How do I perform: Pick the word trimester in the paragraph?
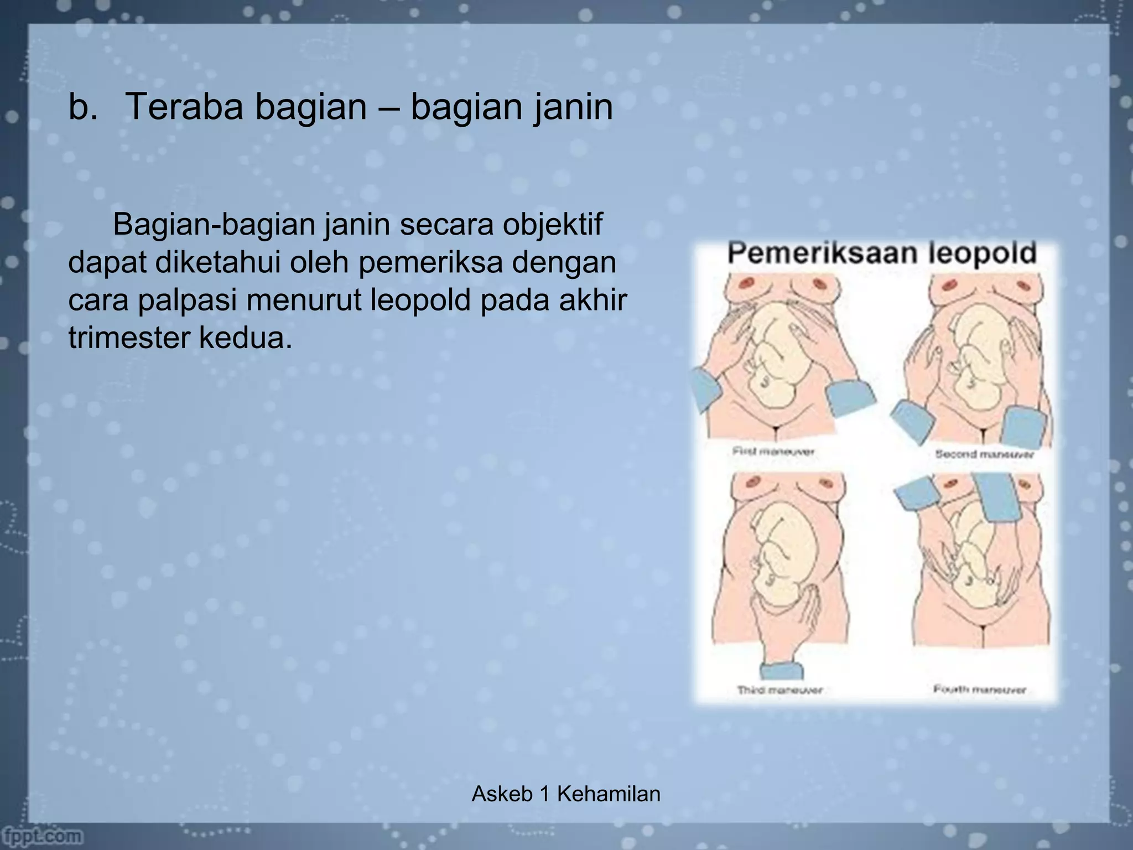pyautogui.click(x=129, y=338)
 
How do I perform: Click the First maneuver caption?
pyautogui.click(x=773, y=452)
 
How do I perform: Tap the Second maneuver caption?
pyautogui.click(x=984, y=454)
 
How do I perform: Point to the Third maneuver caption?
pyautogui.click(x=779, y=690)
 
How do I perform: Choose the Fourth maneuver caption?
pyautogui.click(x=979, y=690)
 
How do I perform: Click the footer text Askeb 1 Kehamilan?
pyautogui.click(x=566, y=794)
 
